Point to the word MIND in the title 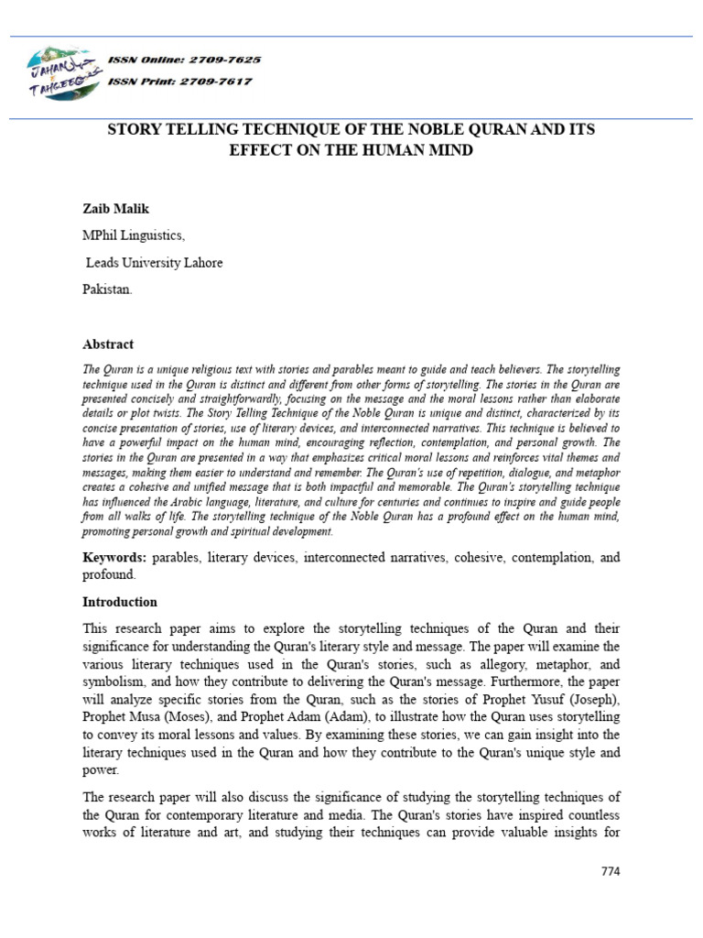[453, 150]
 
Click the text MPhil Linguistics [134, 235]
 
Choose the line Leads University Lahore [154, 263]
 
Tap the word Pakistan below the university [107, 289]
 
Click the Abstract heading [108, 344]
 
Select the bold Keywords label [114, 557]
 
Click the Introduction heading [120, 602]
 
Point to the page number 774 [610, 871]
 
